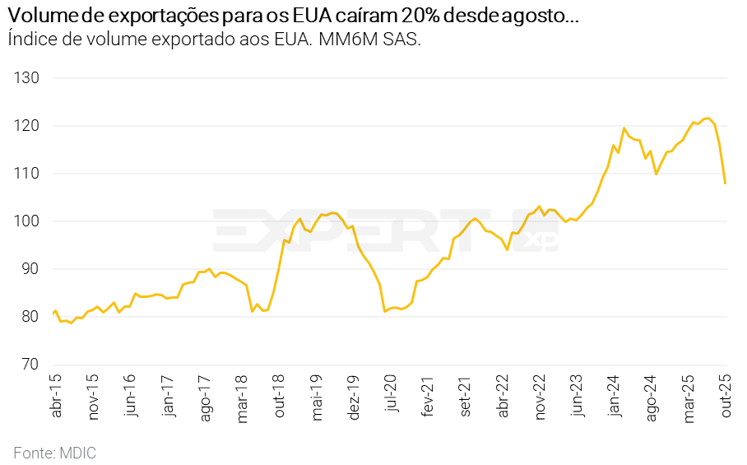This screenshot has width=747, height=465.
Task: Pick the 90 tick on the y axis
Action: click(30, 269)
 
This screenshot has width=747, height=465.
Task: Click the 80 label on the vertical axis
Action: click(30, 317)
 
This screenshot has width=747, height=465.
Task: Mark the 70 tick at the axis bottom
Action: click(30, 365)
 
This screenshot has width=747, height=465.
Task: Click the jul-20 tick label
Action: click(392, 396)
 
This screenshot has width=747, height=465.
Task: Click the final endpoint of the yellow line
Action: click(725, 183)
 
